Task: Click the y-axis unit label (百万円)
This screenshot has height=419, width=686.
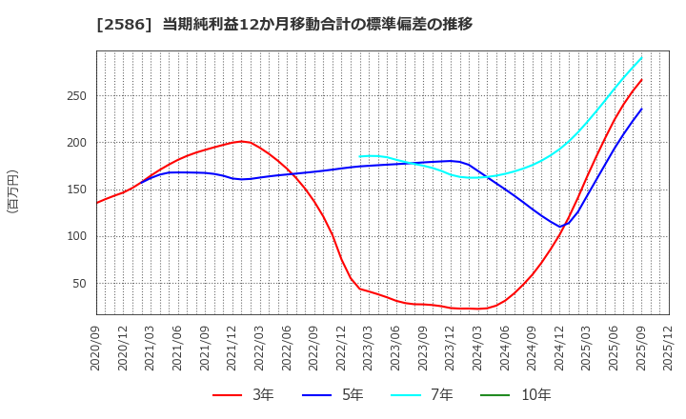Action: tap(12, 190)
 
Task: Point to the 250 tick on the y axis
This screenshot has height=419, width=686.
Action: tap(76, 96)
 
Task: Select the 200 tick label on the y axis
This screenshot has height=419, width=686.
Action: tap(76, 143)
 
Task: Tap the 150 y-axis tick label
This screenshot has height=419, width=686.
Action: tap(76, 190)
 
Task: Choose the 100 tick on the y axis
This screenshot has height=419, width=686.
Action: tap(76, 236)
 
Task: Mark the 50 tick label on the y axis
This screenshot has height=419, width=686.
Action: tap(80, 283)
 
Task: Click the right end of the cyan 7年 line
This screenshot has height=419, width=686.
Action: tap(641, 57)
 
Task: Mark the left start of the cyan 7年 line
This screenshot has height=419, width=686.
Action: tap(360, 156)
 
